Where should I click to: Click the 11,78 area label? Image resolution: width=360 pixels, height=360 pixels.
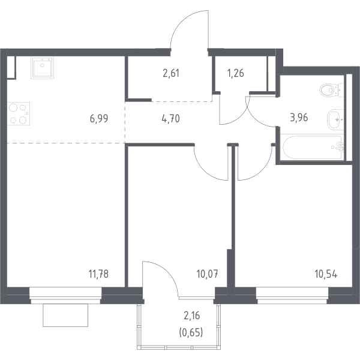pos(98,274)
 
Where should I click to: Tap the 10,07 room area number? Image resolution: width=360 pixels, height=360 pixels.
pos(208,274)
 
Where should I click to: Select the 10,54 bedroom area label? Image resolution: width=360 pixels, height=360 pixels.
pos(326,274)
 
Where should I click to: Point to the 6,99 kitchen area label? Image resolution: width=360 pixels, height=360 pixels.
pos(99,119)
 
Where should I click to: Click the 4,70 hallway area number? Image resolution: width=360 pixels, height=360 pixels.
pos(170,119)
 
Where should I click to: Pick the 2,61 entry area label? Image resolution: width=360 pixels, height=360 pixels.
pos(171,73)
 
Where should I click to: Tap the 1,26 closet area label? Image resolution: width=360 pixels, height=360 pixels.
pos(236,73)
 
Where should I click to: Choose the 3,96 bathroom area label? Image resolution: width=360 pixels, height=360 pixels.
pos(299,118)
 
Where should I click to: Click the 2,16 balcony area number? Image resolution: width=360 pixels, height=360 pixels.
pos(192,316)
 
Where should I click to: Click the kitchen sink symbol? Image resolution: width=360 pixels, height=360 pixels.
pos(43,68)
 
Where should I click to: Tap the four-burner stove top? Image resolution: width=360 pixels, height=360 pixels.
pos(19,113)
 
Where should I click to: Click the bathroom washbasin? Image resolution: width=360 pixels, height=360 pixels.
pos(335,119)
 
